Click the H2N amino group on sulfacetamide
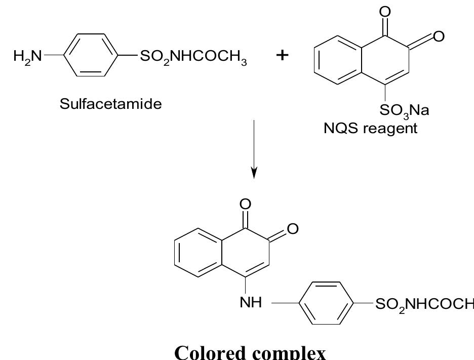pyautogui.click(x=28, y=56)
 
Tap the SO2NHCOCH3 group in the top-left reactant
pyautogui.click(x=193, y=57)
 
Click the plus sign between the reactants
pyautogui.click(x=282, y=55)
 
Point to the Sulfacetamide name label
pyautogui.click(x=111, y=104)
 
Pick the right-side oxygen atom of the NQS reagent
pyautogui.click(x=439, y=36)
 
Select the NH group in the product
pyautogui.click(x=250, y=303)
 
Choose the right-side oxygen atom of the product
pyautogui.click(x=293, y=229)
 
